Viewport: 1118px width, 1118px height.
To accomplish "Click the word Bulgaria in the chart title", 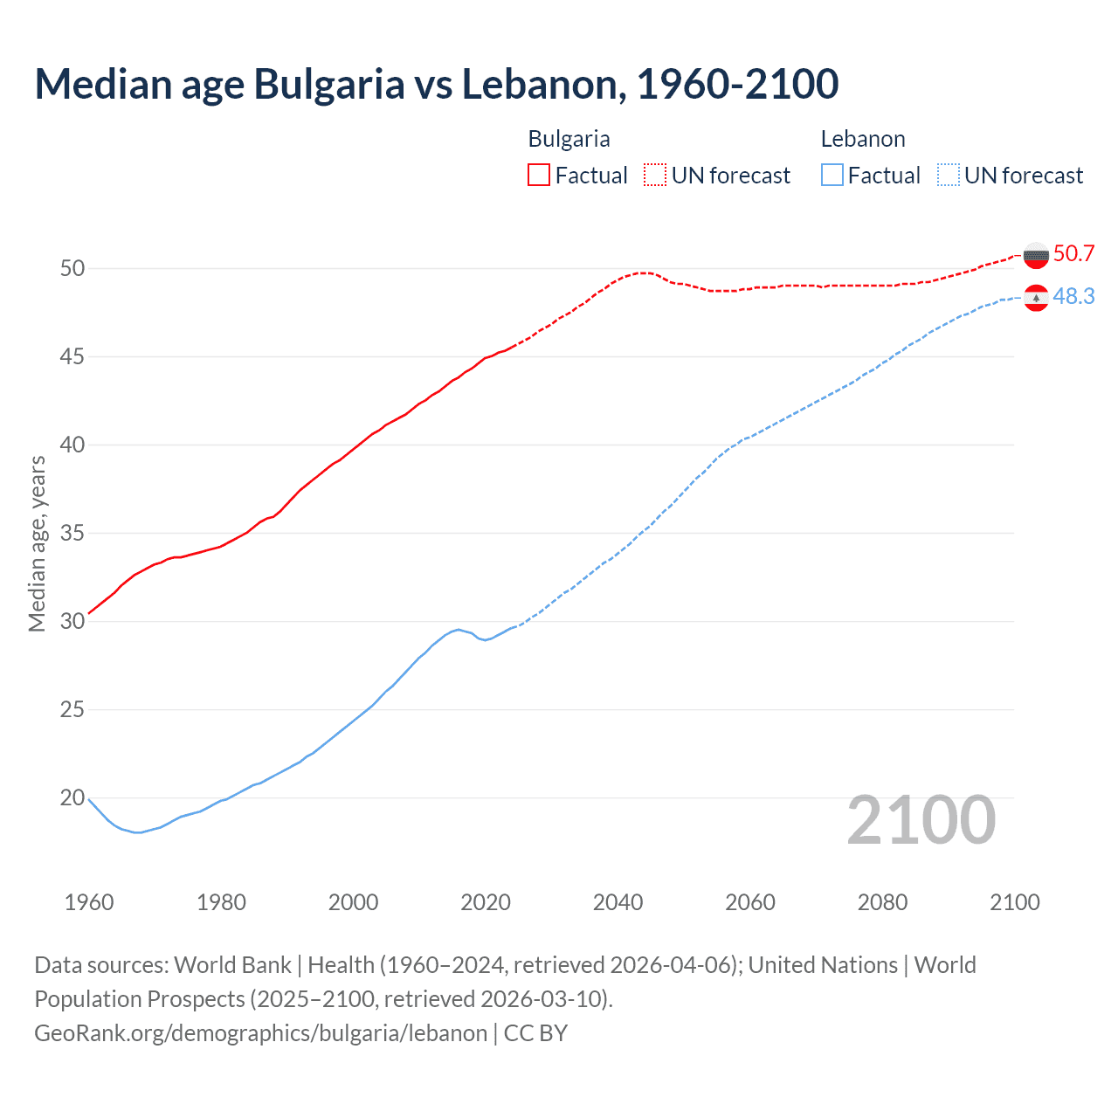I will (x=329, y=85).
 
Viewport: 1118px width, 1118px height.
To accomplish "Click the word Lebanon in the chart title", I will (x=542, y=85).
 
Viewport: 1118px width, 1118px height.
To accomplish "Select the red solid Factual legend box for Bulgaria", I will (x=539, y=175).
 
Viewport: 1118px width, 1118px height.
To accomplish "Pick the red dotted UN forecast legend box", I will (x=655, y=175).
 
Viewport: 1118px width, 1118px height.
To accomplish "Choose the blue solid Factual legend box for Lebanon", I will (x=832, y=175).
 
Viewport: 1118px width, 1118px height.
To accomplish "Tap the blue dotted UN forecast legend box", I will (x=949, y=175).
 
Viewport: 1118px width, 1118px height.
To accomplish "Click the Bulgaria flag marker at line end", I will (x=1036, y=255).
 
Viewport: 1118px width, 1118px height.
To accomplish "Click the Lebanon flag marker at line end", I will (x=1036, y=298).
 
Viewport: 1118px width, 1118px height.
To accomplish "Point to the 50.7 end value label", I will (x=1073, y=254).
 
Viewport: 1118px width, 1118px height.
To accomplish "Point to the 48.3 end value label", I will (x=1073, y=297).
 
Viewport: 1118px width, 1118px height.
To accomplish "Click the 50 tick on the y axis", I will (x=72, y=268).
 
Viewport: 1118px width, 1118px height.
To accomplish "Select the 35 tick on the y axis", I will (x=72, y=533).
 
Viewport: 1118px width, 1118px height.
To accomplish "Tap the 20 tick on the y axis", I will (x=72, y=797).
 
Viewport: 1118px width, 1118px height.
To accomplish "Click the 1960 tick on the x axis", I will (x=89, y=902).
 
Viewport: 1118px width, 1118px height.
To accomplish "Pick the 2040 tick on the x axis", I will (x=618, y=902).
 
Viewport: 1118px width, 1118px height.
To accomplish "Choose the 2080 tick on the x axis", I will (x=882, y=902).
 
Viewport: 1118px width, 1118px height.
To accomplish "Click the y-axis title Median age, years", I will (x=37, y=543).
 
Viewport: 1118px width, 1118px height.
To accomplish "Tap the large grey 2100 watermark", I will (x=921, y=820).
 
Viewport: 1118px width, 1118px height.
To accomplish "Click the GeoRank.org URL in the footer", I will (x=260, y=1033).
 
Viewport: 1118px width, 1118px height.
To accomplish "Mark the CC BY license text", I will (x=535, y=1033).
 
